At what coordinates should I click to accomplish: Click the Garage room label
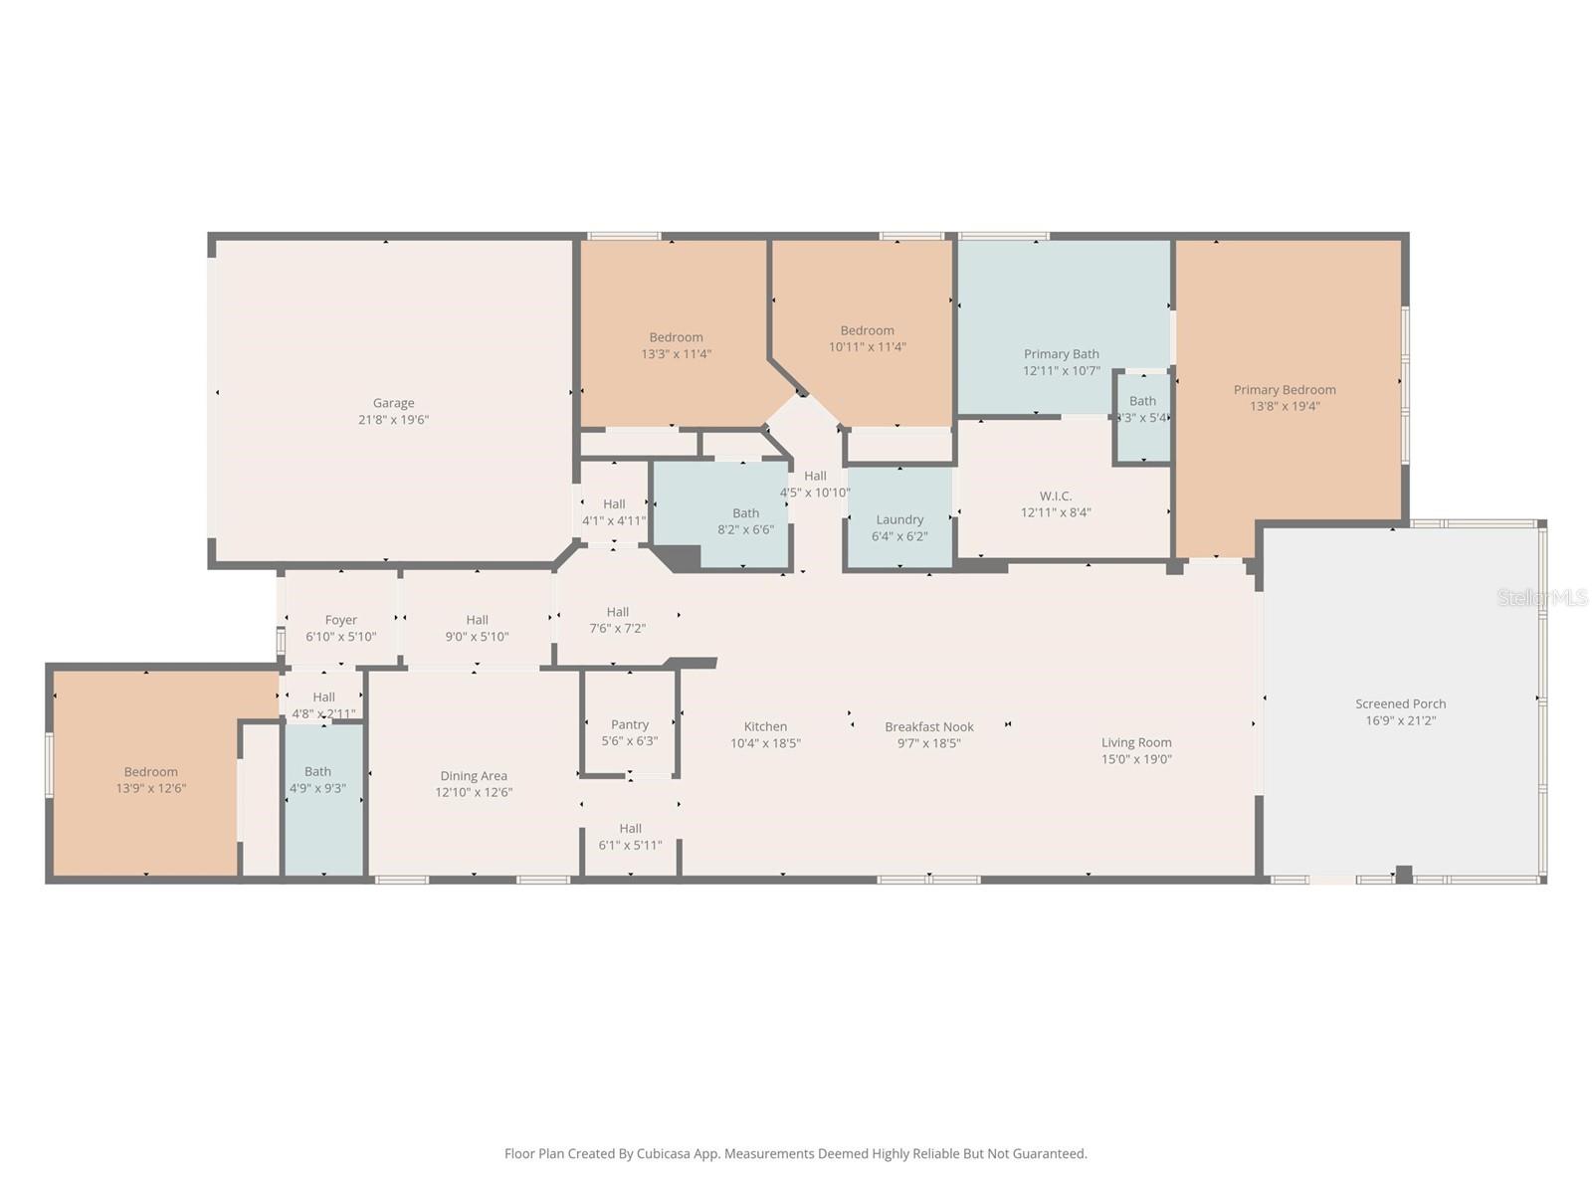pos(393,403)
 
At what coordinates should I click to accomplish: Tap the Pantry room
pos(629,725)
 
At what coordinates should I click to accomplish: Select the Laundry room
pos(899,519)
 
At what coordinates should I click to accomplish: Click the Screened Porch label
pos(1400,703)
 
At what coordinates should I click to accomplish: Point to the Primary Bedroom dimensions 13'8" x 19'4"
pos(1285,406)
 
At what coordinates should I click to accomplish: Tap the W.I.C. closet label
pos(1055,496)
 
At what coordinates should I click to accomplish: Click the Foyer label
pos(340,620)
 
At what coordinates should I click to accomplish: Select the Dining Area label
pos(474,776)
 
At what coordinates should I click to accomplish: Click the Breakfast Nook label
pos(929,727)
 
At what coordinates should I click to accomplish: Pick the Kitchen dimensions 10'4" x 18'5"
pos(765,743)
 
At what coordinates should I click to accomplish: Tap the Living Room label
pos(1135,742)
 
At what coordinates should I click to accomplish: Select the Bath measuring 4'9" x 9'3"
pos(318,780)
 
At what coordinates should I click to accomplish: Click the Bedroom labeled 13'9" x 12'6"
pos(151,780)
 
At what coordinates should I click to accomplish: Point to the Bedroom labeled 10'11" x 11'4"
pos(867,338)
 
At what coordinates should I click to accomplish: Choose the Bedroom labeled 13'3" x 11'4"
pos(676,345)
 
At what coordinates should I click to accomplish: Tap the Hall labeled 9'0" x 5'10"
pos(477,628)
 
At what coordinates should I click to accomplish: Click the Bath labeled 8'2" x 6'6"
pos(745,521)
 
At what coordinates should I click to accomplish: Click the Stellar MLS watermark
pos(1541,597)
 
